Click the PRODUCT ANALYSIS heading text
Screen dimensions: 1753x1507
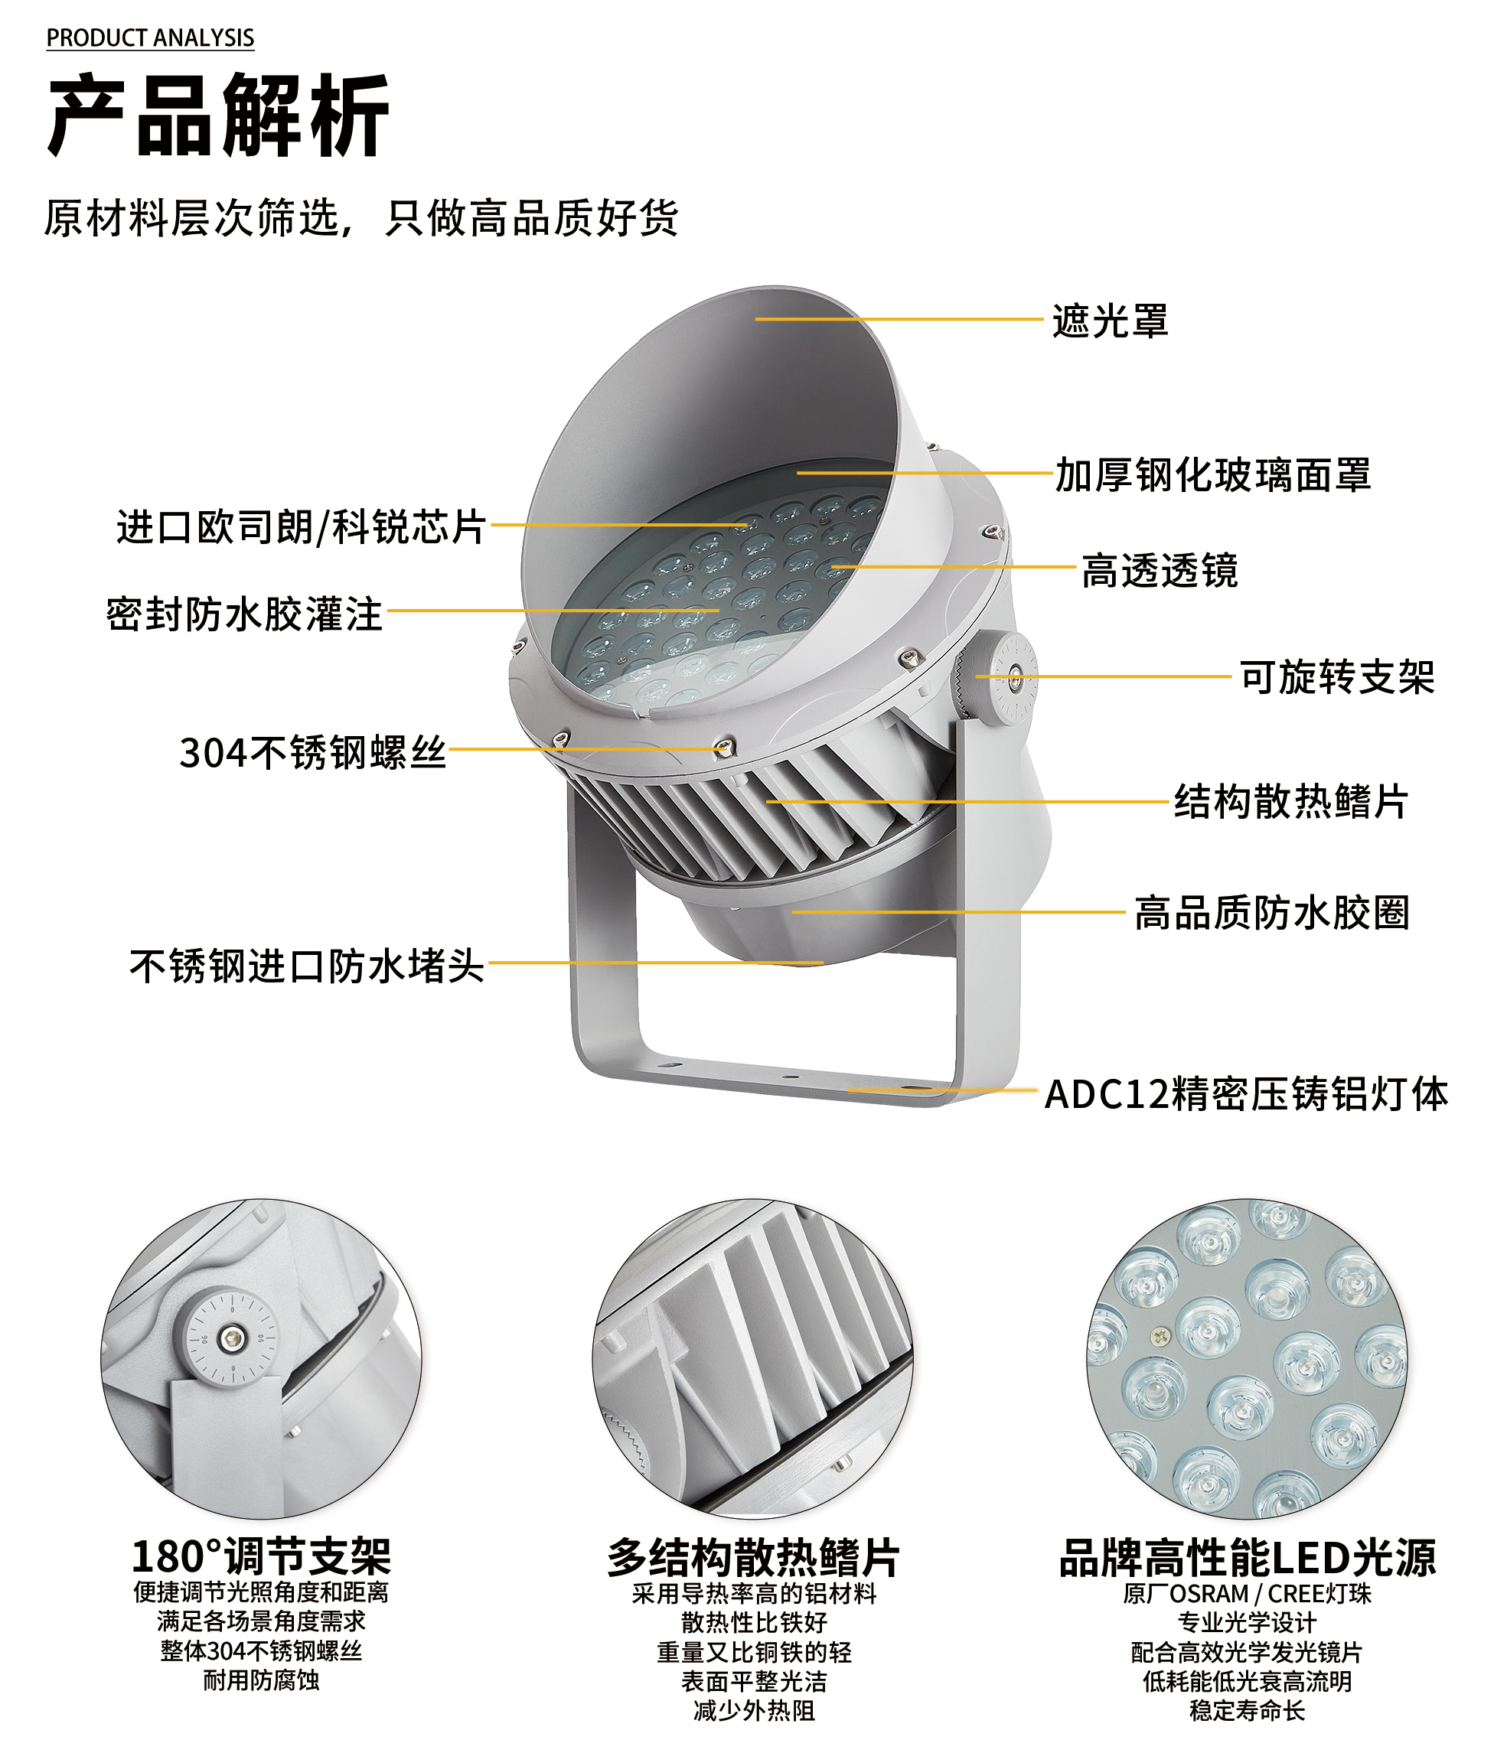click(x=150, y=38)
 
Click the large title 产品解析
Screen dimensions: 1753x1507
click(x=218, y=115)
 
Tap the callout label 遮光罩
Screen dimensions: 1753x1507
click(x=1109, y=321)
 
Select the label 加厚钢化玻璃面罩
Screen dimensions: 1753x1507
click(x=1212, y=475)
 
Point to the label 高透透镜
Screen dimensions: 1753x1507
click(x=1160, y=571)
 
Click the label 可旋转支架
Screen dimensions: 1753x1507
click(x=1336, y=678)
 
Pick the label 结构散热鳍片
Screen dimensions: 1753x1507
click(x=1290, y=802)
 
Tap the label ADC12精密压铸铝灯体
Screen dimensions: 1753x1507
click(x=1245, y=1095)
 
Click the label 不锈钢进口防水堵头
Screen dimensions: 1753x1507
click(x=306, y=966)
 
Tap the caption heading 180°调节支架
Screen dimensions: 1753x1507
click(x=261, y=1556)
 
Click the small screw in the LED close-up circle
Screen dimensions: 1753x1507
click(x=1160, y=1337)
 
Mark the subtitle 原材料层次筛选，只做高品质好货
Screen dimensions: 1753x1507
click(x=360, y=218)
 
